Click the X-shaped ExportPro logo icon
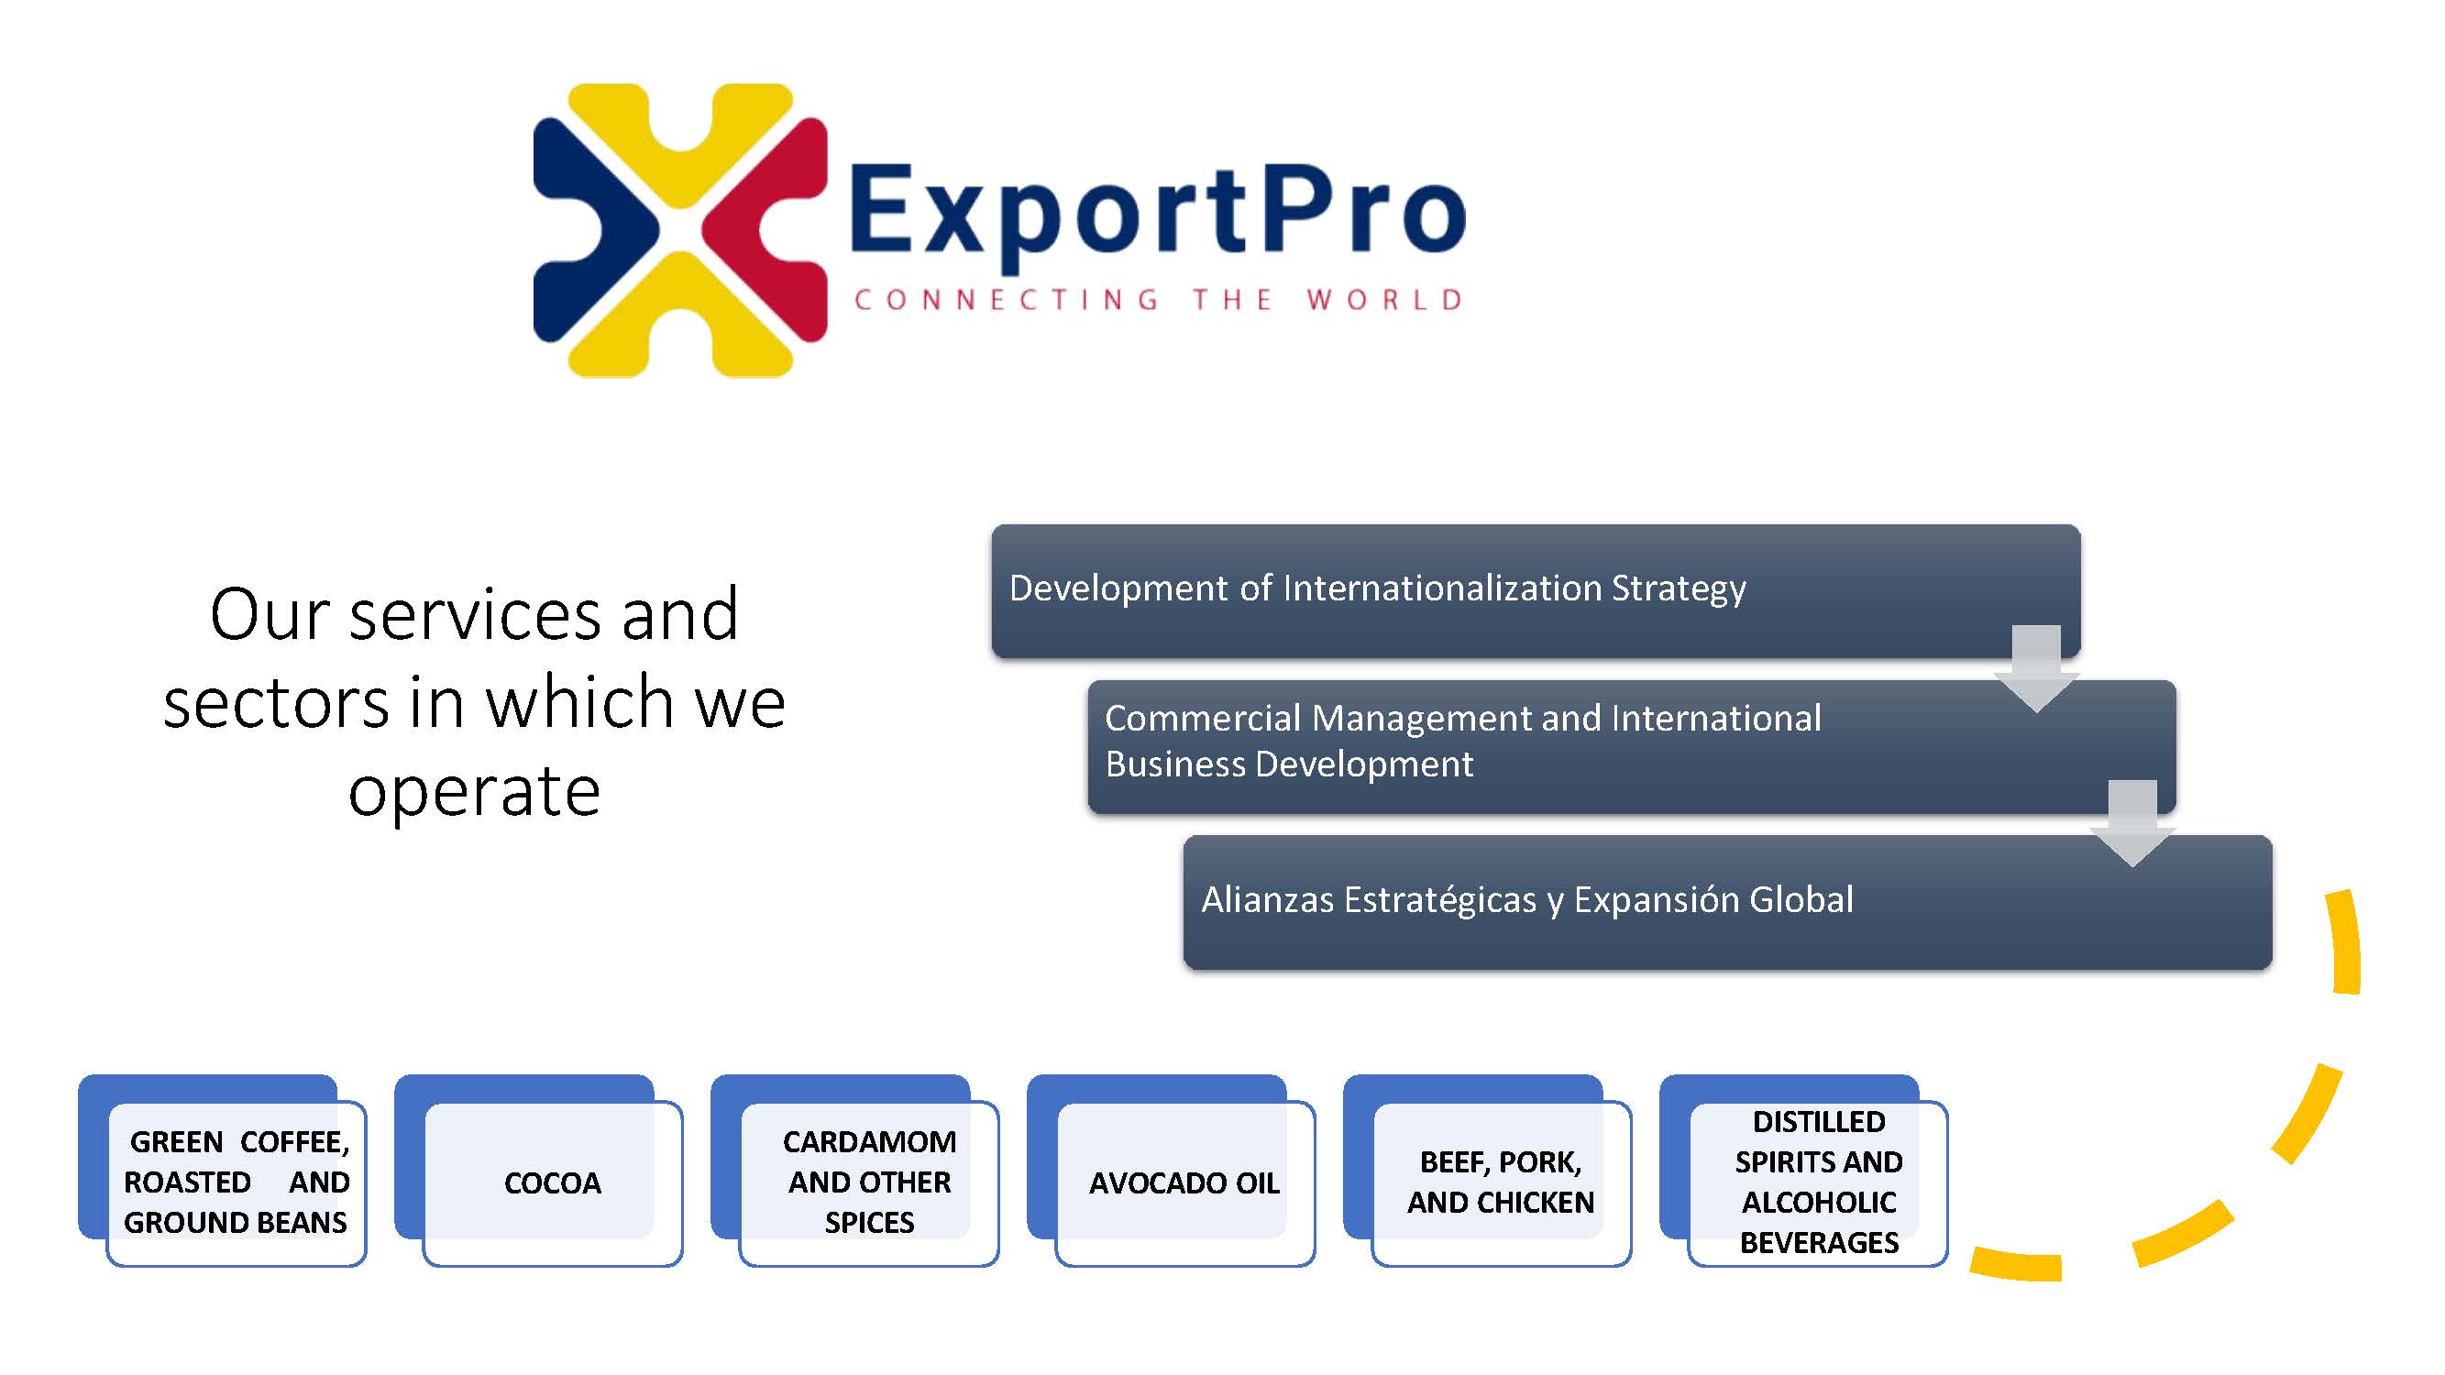tap(679, 231)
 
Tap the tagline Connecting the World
tap(1158, 300)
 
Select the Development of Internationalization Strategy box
tap(1536, 590)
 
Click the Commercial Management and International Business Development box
tap(1632, 746)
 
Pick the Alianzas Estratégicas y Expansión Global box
tap(1727, 901)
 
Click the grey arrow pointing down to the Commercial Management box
tap(2036, 668)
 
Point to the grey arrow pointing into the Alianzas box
tap(2132, 823)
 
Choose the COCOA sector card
tap(553, 1183)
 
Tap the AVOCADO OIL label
tap(1184, 1183)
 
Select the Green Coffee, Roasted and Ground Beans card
tap(237, 1183)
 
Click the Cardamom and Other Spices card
tap(868, 1183)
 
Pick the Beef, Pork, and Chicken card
tap(1502, 1183)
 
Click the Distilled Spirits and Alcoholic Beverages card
tap(1818, 1183)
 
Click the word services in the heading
tap(475, 616)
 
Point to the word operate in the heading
tap(475, 792)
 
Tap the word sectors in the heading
tap(276, 704)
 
